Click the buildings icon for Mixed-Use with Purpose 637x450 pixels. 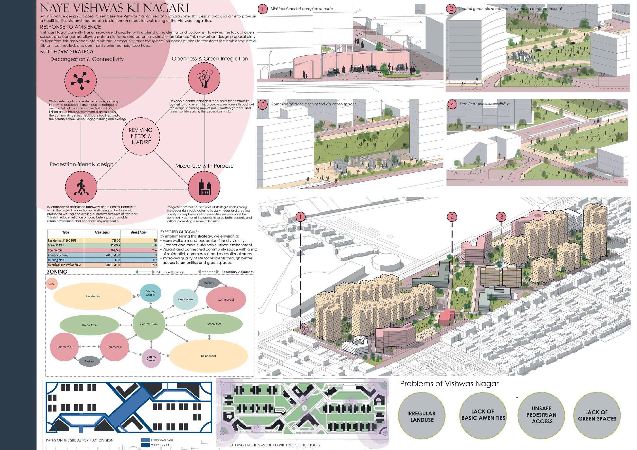(204, 187)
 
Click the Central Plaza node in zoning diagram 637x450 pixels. (149, 324)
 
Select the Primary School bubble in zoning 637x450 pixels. (150, 293)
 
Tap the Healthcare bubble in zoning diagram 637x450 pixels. (186, 299)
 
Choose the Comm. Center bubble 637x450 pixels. (151, 358)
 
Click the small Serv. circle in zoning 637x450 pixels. (52, 284)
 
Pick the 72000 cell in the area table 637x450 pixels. (102, 241)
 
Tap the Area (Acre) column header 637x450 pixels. (139, 232)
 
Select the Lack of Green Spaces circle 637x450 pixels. (597, 416)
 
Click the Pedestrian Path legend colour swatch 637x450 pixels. (145, 440)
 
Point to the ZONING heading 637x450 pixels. (57, 272)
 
